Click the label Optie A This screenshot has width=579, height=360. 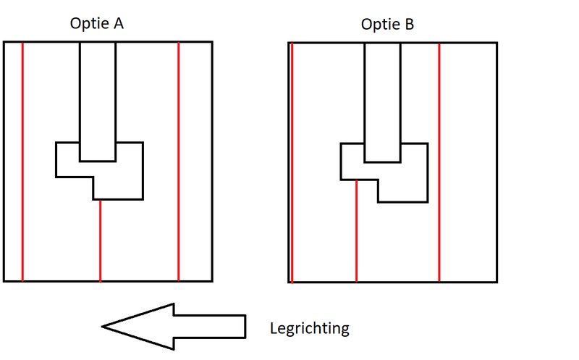click(97, 24)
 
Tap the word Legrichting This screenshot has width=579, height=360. click(309, 328)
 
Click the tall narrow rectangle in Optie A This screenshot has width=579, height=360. click(97, 94)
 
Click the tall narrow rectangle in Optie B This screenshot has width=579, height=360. click(381, 94)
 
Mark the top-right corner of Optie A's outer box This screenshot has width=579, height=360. click(211, 42)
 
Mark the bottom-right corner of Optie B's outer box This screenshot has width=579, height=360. click(496, 282)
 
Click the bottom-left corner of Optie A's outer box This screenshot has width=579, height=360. click(4, 281)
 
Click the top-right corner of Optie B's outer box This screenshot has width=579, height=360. click(496, 43)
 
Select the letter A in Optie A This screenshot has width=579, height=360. click(119, 24)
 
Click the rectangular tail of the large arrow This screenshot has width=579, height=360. click(210, 326)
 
